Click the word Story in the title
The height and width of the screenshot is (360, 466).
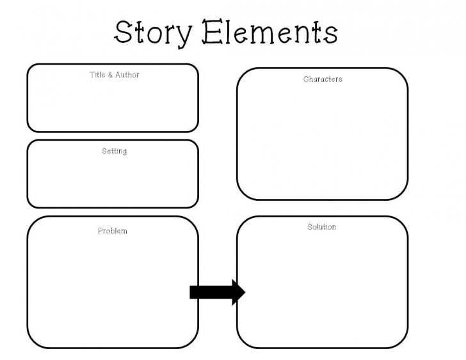point(152,32)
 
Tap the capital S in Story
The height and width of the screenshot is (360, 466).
point(124,31)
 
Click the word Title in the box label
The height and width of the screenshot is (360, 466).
point(97,75)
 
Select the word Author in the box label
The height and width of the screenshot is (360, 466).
point(127,75)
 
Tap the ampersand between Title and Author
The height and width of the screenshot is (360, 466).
point(111,75)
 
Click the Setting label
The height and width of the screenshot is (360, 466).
point(114,152)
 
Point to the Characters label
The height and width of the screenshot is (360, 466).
point(323,79)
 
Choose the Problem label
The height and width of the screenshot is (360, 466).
point(112,231)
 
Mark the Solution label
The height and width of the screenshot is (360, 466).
point(321,227)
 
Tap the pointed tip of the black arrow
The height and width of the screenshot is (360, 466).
point(243,292)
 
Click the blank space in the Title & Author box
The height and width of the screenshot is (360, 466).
point(112,106)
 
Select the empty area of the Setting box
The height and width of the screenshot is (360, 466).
point(112,182)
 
